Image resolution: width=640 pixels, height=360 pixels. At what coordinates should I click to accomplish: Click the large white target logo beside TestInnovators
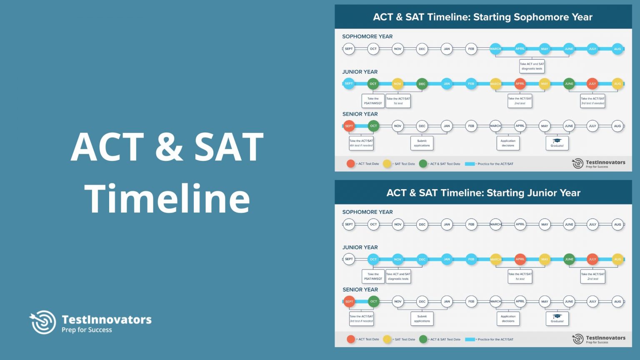43,322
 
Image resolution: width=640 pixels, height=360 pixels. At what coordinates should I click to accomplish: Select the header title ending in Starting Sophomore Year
482,17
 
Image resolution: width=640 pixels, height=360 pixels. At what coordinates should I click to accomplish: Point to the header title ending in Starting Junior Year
483,193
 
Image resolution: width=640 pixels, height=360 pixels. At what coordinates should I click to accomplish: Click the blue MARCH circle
495,49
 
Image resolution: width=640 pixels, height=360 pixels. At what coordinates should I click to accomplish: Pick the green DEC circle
422,84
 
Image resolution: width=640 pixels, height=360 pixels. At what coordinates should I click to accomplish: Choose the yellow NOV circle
397,84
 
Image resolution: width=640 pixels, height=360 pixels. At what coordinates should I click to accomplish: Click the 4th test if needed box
361,143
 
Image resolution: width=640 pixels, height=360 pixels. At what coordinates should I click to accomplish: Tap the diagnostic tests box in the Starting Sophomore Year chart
532,66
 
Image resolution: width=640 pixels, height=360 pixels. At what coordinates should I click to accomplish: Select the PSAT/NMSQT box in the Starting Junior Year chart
373,276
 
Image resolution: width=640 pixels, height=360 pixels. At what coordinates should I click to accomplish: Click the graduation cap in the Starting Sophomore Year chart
557,141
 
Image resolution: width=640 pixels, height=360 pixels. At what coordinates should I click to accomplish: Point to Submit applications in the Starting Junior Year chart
422,319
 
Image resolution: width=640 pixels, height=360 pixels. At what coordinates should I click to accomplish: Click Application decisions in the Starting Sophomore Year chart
508,143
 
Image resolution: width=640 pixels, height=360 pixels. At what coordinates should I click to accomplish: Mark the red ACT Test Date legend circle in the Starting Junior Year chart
351,339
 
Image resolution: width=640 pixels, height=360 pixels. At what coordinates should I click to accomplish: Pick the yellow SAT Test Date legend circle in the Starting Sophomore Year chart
387,164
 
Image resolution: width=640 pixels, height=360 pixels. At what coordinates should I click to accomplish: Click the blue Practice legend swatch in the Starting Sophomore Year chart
470,164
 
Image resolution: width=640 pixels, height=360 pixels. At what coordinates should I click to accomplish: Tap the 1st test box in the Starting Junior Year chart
520,276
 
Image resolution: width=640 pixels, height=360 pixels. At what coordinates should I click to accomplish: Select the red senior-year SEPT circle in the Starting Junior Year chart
349,301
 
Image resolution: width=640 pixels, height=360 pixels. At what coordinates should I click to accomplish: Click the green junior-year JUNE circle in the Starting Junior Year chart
569,259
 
